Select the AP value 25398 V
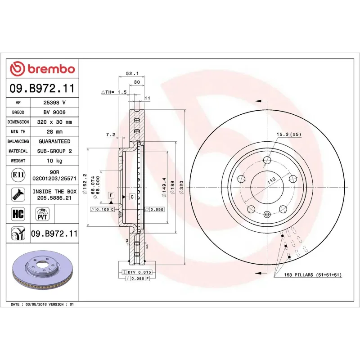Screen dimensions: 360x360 (54, 103)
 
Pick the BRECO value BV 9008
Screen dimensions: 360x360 (54, 112)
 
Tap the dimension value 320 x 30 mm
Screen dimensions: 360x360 (54, 122)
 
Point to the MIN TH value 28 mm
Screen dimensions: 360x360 (54, 132)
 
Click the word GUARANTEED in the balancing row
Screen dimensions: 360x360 (54, 141)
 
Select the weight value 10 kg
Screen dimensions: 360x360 (54, 161)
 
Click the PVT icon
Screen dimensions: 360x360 (42, 213)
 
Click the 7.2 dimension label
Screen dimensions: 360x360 (111, 135)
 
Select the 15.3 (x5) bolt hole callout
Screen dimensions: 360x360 (288, 134)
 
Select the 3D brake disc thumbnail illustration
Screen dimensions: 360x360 (44, 270)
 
